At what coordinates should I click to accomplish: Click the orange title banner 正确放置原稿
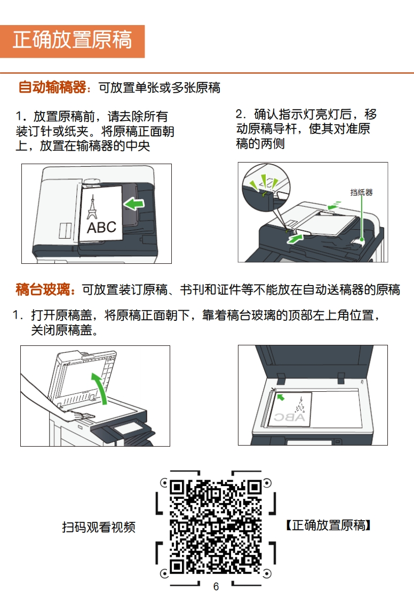coord(72,41)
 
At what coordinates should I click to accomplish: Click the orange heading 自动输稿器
coord(52,87)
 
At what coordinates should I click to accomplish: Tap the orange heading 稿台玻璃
coord(43,289)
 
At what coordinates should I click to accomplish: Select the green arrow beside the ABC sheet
coord(134,204)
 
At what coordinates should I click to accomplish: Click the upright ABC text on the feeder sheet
coord(101,227)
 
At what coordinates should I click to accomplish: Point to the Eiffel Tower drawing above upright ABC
coord(92,207)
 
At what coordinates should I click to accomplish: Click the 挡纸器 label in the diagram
coord(361,192)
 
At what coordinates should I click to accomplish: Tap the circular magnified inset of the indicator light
coord(266,187)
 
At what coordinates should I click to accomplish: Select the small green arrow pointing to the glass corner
coord(281,398)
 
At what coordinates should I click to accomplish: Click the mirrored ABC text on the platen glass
coord(290,417)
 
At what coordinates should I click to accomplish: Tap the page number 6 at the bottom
coord(216,587)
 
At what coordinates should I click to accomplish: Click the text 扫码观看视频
coord(99,527)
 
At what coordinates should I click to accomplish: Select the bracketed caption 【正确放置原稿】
coord(329,526)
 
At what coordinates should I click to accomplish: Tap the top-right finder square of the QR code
coord(254,487)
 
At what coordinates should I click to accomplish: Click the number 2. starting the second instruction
coord(241,114)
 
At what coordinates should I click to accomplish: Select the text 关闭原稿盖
coord(62,330)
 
